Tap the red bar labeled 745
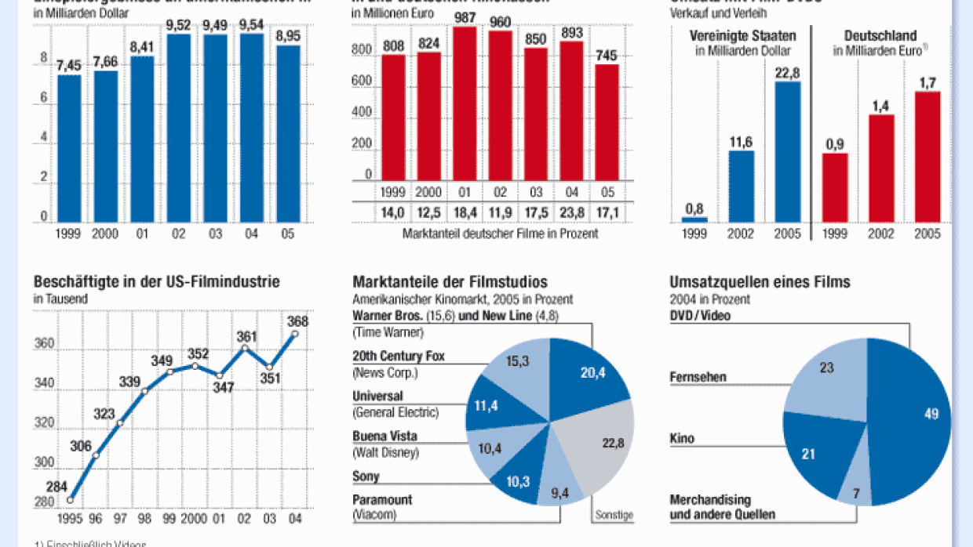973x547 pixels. point(607,121)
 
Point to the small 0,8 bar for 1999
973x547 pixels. point(694,219)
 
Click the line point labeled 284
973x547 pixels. point(70,499)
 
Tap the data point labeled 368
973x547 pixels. point(295,333)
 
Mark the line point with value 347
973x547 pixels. point(220,375)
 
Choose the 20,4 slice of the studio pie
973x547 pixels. point(589,375)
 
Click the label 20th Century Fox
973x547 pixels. point(399,356)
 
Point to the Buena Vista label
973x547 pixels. point(384,436)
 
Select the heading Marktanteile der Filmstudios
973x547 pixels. point(450,282)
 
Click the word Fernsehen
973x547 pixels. point(698,377)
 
